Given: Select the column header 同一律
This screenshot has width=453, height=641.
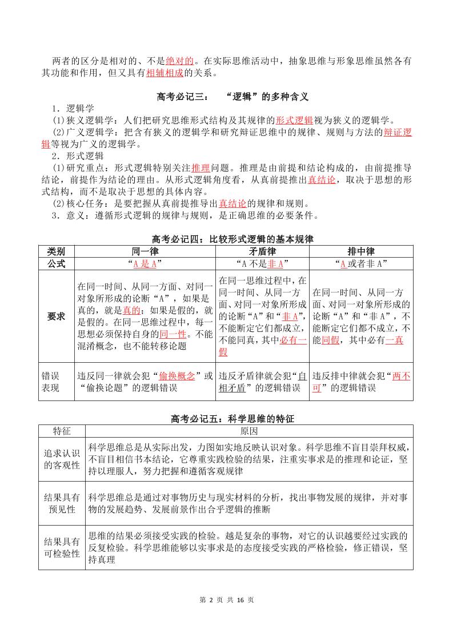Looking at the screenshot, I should [145, 252].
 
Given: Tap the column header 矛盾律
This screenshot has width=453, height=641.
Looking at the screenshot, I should [262, 252].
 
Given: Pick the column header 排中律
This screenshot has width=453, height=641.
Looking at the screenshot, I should [361, 252].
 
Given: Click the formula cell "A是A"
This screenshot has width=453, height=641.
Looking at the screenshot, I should [145, 263].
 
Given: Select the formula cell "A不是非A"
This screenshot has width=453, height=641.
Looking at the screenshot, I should [262, 263].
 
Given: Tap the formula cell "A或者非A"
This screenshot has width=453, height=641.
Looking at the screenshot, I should [361, 263].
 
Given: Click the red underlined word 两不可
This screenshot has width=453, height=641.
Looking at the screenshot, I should [401, 382].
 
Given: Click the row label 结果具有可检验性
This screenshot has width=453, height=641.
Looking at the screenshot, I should [62, 547].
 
